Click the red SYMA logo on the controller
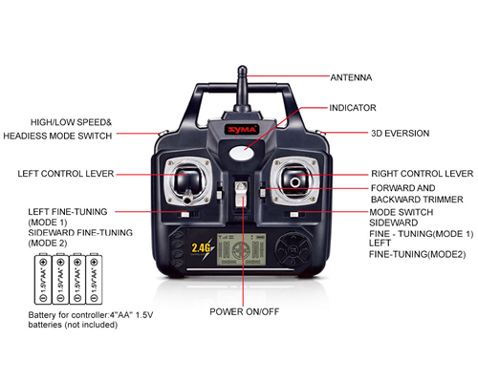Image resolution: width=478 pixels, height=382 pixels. [242, 130]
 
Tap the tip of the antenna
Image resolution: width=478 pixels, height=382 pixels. [242, 67]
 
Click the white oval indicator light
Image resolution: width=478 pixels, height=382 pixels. [242, 153]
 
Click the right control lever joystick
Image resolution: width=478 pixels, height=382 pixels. [295, 180]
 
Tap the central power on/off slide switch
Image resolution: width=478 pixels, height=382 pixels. [241, 194]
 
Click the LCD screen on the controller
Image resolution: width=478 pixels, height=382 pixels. [242, 249]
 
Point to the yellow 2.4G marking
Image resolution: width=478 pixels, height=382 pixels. [201, 248]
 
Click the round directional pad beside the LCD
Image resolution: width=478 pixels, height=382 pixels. [293, 249]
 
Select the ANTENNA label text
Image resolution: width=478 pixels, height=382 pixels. [351, 77]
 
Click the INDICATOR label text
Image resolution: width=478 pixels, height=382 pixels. [353, 108]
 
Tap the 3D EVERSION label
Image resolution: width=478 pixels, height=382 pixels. [401, 134]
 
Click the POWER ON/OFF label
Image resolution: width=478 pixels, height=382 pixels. [245, 311]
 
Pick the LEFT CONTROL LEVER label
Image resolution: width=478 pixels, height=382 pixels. [66, 174]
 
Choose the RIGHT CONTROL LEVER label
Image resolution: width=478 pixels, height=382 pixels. [423, 174]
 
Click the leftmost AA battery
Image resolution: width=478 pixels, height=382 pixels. [43, 279]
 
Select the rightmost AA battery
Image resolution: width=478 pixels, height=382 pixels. [94, 279]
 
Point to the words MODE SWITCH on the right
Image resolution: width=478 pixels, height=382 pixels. [402, 212]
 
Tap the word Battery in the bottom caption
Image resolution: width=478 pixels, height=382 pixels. [42, 315]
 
